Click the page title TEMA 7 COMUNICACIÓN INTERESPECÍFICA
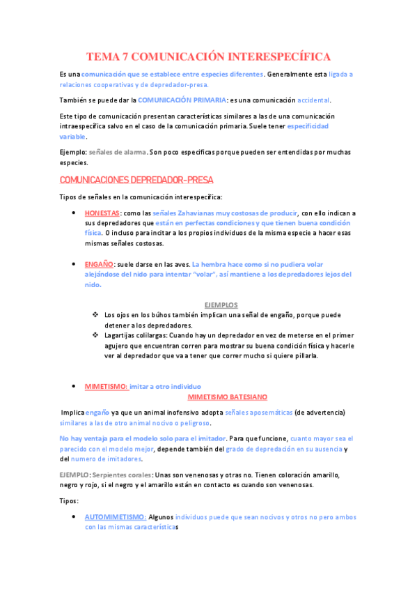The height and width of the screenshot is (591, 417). [x=208, y=56]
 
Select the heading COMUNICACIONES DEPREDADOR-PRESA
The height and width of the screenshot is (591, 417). [x=137, y=180]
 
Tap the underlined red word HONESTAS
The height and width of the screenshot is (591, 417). [x=102, y=213]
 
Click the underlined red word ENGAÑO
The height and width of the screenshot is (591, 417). [x=100, y=264]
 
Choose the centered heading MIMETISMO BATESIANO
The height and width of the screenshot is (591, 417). [x=228, y=396]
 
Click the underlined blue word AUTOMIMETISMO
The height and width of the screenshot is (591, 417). [x=115, y=517]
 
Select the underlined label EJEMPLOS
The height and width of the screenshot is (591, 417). [x=221, y=305]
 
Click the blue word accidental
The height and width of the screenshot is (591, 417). [x=315, y=100]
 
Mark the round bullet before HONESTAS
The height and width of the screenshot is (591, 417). [x=74, y=213]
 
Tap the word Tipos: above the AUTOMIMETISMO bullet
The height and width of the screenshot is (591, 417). [x=70, y=500]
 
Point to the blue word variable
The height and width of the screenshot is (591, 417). [x=72, y=137]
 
